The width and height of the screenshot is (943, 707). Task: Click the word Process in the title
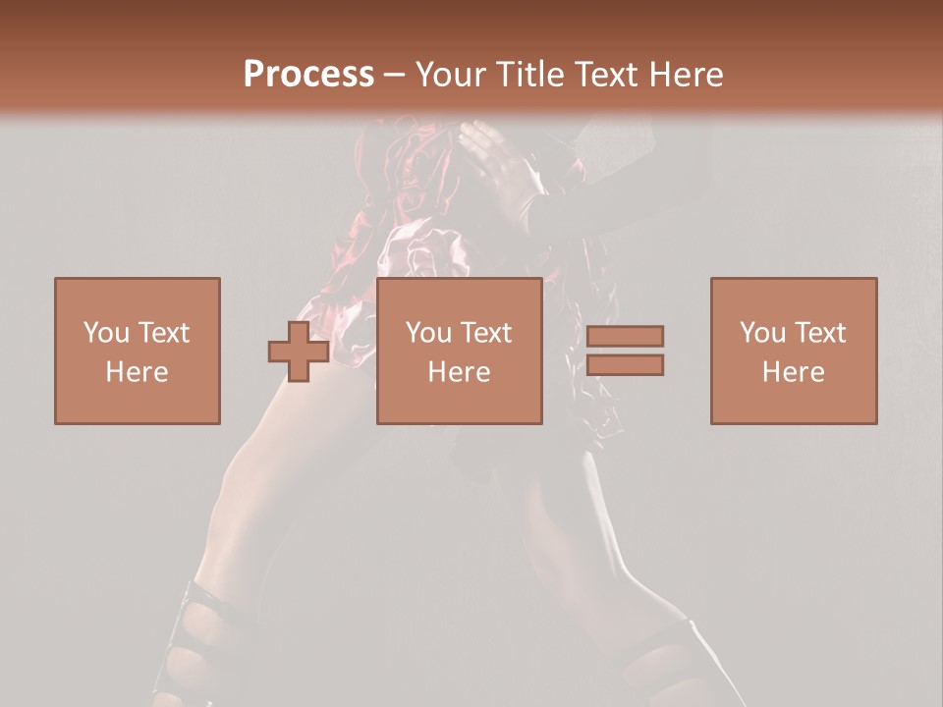308,74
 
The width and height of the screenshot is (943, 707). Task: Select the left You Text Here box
138,351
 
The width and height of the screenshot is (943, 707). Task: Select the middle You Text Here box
460,351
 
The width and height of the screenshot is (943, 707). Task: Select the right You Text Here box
794,351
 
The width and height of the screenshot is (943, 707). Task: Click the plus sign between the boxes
299,352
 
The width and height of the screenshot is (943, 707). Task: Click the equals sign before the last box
625,351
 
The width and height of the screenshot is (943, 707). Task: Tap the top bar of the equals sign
625,336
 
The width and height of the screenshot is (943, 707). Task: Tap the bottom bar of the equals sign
625,365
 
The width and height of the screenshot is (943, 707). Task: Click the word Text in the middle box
483,333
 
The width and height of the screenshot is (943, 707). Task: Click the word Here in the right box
794,372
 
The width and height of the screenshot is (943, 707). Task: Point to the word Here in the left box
138,372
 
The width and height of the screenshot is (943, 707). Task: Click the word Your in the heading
449,74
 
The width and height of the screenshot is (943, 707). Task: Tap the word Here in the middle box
460,372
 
